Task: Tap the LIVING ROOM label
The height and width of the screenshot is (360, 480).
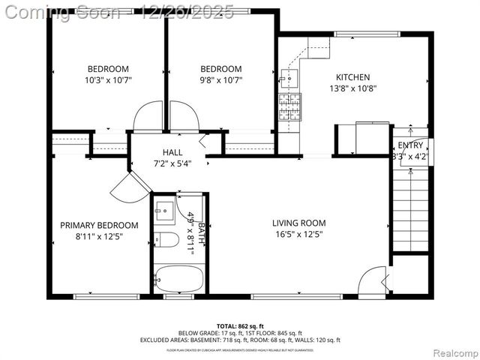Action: [298, 223]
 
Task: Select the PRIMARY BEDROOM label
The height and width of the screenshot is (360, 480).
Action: [99, 225]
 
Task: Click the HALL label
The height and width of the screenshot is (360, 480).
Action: [172, 152]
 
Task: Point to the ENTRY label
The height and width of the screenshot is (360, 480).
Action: [410, 145]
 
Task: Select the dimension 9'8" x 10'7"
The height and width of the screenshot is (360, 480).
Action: [220, 79]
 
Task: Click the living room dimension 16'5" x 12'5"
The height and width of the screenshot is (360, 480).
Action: [298, 233]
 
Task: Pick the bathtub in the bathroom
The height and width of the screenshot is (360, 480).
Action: [178, 280]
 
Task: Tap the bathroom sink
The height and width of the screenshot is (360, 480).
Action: [164, 209]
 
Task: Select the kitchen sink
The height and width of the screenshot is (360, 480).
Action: [289, 77]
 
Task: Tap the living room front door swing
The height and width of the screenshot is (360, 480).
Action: [372, 283]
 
